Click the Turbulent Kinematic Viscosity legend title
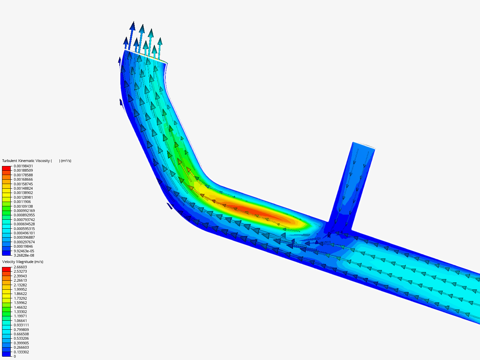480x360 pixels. (37, 161)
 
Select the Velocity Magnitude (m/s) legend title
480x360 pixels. (23, 262)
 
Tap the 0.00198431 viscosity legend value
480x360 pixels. (23, 166)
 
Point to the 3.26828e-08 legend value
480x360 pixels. (24, 255)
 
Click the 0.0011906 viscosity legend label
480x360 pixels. (22, 202)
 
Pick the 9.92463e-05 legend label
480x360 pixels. (24, 251)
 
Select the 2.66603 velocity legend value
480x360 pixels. (20, 267)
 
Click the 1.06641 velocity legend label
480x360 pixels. (20, 321)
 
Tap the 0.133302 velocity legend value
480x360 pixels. (21, 352)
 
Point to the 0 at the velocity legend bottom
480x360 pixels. (15, 356)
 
